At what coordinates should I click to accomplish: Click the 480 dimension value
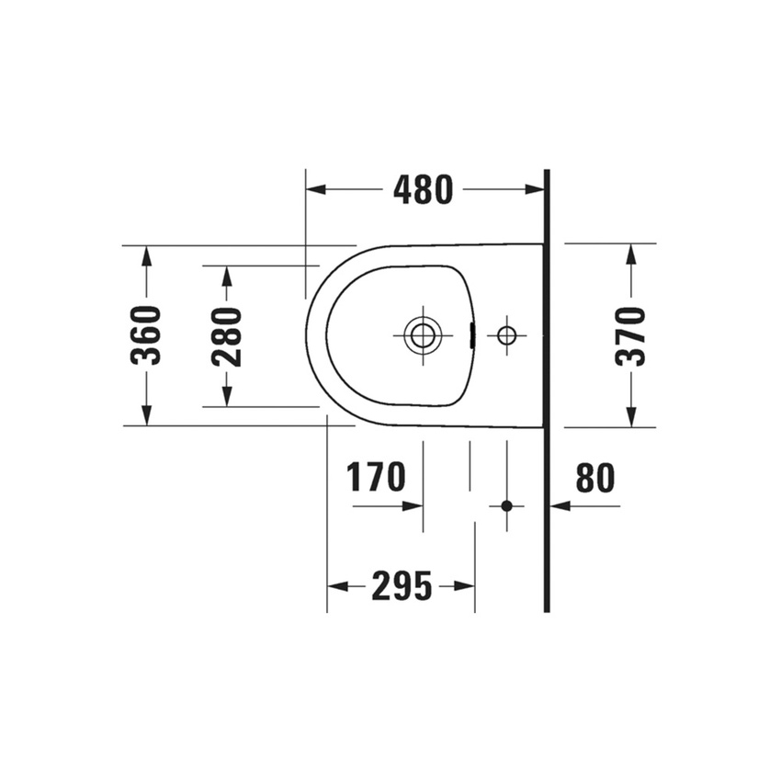[423, 189]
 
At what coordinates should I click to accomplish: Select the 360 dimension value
[146, 335]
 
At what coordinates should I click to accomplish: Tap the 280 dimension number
[227, 336]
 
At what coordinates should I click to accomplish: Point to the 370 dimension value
[630, 336]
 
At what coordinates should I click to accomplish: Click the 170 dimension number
[376, 478]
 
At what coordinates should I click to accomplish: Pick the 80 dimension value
[594, 478]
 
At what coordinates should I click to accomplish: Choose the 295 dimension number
[402, 585]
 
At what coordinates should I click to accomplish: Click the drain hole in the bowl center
[423, 335]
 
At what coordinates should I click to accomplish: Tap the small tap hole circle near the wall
[506, 335]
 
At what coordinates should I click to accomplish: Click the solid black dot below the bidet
[506, 505]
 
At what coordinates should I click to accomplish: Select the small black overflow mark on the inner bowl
[472, 335]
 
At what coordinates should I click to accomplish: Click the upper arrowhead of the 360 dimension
[146, 255]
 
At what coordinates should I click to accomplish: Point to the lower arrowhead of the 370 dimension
[630, 418]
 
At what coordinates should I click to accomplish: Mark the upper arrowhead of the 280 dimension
[227, 275]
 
